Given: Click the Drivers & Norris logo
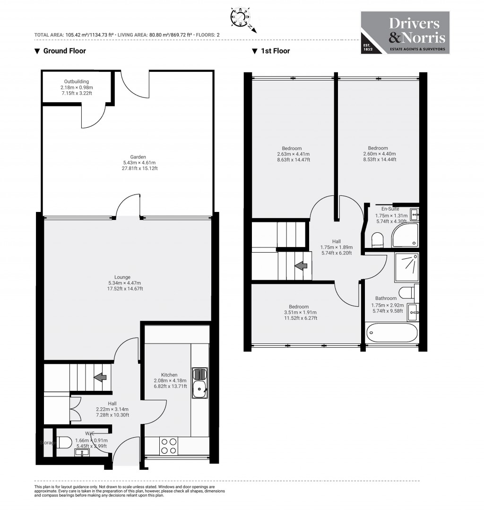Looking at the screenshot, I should click(405, 33).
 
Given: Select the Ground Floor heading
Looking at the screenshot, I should click(60, 51).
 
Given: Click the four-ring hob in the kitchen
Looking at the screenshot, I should click(169, 446).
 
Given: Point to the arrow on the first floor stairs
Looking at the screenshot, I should click(300, 266).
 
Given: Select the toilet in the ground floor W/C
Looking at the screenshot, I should click(64, 442).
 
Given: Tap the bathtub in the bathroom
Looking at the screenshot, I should click(391, 333).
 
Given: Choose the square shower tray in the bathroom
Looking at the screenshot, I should click(406, 266).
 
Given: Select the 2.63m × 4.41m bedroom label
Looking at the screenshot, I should click(293, 154).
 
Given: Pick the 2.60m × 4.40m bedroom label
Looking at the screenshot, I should click(378, 154).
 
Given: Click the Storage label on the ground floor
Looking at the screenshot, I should click(48, 443).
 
